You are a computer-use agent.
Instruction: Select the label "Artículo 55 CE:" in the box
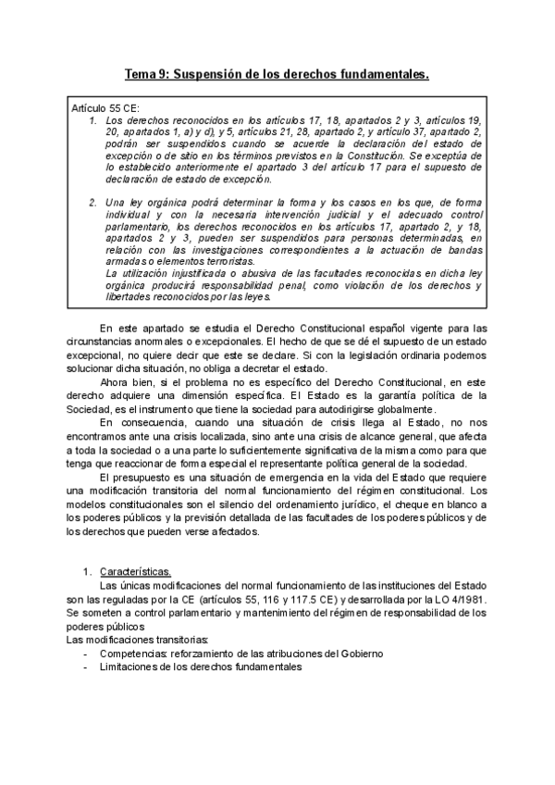pyautogui.click(x=105, y=109)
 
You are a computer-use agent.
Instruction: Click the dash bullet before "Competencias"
pyautogui.click(x=86, y=653)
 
